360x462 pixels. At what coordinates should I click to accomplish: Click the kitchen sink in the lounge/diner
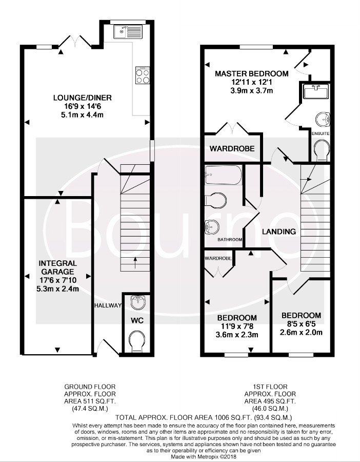pyautogui.click(x=128, y=31)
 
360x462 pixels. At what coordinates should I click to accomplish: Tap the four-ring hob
pyautogui.click(x=143, y=75)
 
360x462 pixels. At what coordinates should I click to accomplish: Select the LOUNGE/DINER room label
pyautogui.click(x=83, y=98)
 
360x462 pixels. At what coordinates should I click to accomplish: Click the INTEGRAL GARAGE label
pyautogui.click(x=58, y=267)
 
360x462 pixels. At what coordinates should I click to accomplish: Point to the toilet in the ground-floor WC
pyautogui.click(x=137, y=341)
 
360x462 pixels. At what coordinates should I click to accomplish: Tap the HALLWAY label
pyautogui.click(x=108, y=305)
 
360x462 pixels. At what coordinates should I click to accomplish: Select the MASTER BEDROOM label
pyautogui.click(x=252, y=73)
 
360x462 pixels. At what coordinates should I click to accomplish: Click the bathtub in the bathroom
pyautogui.click(x=224, y=175)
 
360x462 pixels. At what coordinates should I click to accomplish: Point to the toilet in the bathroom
pyautogui.click(x=216, y=201)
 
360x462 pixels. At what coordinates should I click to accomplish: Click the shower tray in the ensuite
pyautogui.click(x=316, y=91)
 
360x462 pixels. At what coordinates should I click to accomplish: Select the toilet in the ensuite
pyautogui.click(x=322, y=150)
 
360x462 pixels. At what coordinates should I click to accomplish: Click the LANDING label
pyautogui.click(x=279, y=232)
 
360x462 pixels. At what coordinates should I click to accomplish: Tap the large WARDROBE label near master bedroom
pyautogui.click(x=232, y=148)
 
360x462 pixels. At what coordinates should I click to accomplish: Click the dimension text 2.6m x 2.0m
pyautogui.click(x=301, y=333)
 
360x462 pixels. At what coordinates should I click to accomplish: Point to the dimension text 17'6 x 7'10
pyautogui.click(x=58, y=280)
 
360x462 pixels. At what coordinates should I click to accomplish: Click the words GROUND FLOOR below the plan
pyautogui.click(x=90, y=387)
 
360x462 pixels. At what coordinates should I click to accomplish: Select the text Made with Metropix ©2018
pyautogui.click(x=204, y=457)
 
